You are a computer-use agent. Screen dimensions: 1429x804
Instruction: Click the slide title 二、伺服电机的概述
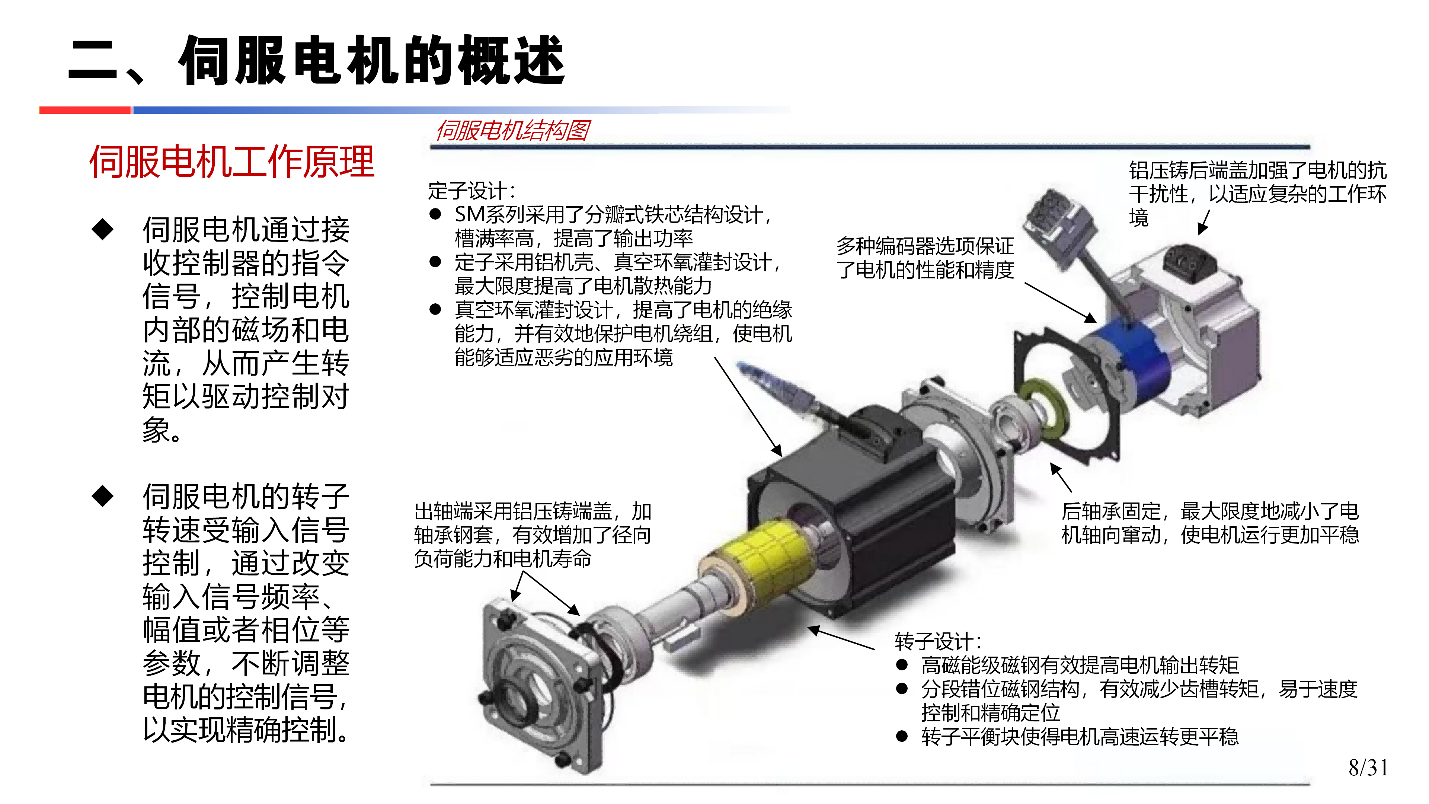coord(316,60)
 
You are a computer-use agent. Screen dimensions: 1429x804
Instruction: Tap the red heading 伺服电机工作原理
coord(232,162)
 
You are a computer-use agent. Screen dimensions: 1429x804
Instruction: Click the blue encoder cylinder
coord(1132,355)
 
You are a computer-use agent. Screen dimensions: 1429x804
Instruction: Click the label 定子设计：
coord(471,191)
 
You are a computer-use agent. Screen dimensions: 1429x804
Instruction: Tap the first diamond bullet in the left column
coord(103,229)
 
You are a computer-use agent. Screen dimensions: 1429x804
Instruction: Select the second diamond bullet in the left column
coord(103,496)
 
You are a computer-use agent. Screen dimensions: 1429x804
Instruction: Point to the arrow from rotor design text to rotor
coord(841,638)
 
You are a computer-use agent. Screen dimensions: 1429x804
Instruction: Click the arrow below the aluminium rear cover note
coord(1204,222)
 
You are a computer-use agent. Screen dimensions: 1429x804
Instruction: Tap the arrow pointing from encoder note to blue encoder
coord(1061,302)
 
